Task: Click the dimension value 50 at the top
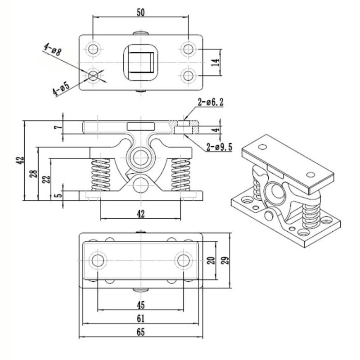tap(140, 12)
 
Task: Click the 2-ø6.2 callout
tap(211, 103)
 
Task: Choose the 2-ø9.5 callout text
tap(219, 147)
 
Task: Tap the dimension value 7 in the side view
tap(58, 127)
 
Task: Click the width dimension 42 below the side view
tap(140, 215)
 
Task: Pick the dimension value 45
tap(140, 305)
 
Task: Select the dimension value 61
tap(140, 319)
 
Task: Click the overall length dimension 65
tap(140, 333)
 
